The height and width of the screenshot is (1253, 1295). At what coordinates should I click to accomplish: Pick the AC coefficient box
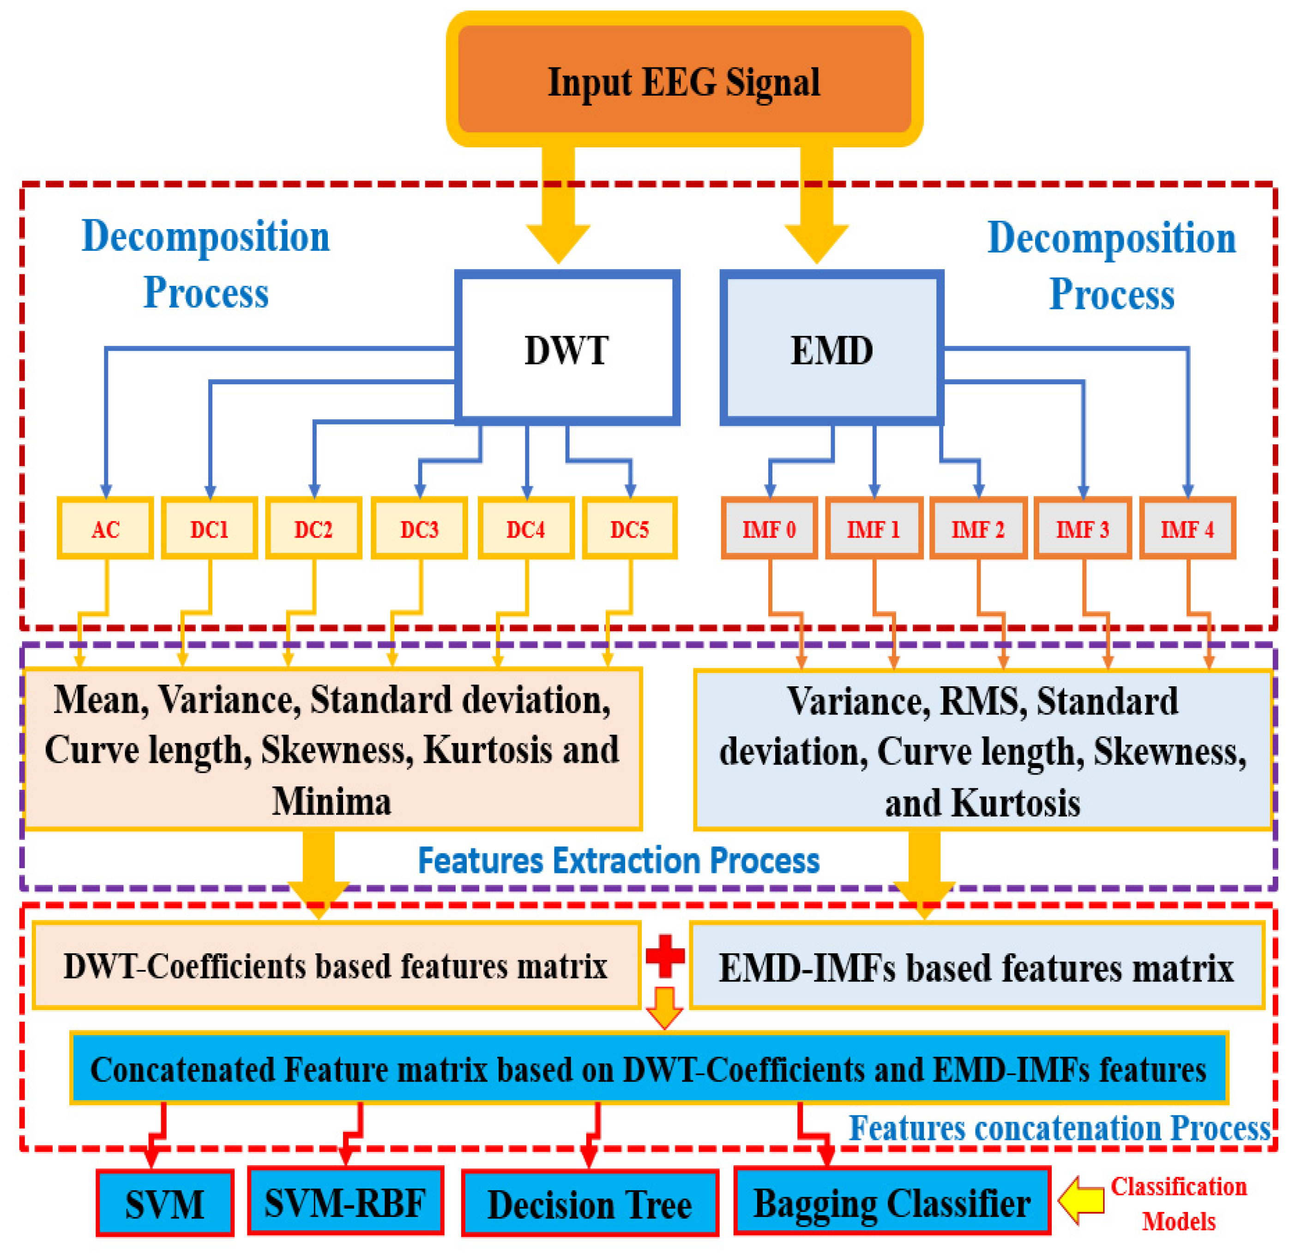click(105, 529)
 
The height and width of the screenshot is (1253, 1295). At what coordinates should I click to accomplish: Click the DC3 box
click(420, 529)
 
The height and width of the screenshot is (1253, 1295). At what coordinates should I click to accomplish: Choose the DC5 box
click(630, 529)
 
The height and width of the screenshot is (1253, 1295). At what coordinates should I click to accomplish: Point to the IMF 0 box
click(769, 529)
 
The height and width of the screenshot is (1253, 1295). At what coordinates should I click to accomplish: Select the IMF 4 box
click(1187, 529)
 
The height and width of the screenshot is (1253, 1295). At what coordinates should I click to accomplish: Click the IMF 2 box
click(978, 529)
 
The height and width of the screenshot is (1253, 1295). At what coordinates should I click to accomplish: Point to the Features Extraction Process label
click(619, 861)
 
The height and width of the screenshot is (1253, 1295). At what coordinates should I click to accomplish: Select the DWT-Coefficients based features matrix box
click(336, 966)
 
